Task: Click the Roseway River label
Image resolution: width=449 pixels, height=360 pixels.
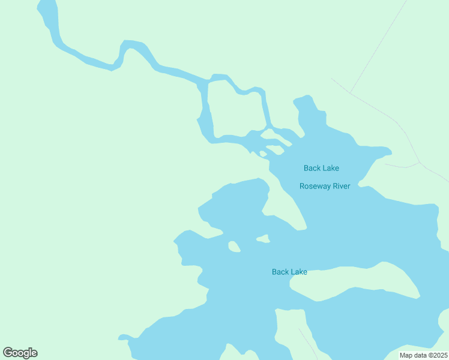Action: pos(325,186)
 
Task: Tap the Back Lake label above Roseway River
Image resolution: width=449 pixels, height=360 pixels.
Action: pos(321,168)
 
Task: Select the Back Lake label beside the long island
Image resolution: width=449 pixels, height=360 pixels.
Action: pos(289,272)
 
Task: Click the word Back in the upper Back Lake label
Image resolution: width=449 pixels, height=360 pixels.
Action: pos(312,168)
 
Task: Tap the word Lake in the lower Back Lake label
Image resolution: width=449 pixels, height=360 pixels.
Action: pos(298,272)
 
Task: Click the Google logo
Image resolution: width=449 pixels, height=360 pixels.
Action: pos(20,353)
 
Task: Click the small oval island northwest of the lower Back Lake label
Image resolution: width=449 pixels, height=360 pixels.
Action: pos(234,247)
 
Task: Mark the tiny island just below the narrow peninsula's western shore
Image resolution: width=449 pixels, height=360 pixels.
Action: pos(263,239)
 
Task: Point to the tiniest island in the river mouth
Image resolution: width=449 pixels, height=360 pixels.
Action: pos(263,154)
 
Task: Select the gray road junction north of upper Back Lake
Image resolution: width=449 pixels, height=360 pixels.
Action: pos(351,92)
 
